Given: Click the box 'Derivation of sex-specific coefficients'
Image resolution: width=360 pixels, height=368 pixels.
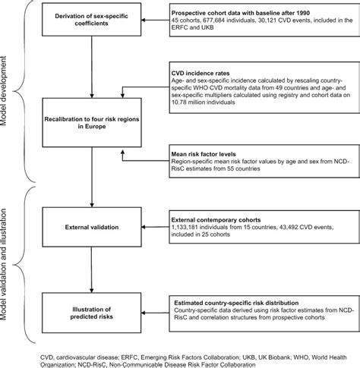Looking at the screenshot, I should (92, 18).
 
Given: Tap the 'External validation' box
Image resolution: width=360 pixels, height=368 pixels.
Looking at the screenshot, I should (92, 225).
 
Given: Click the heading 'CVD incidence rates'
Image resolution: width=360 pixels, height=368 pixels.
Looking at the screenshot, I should (202, 74).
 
